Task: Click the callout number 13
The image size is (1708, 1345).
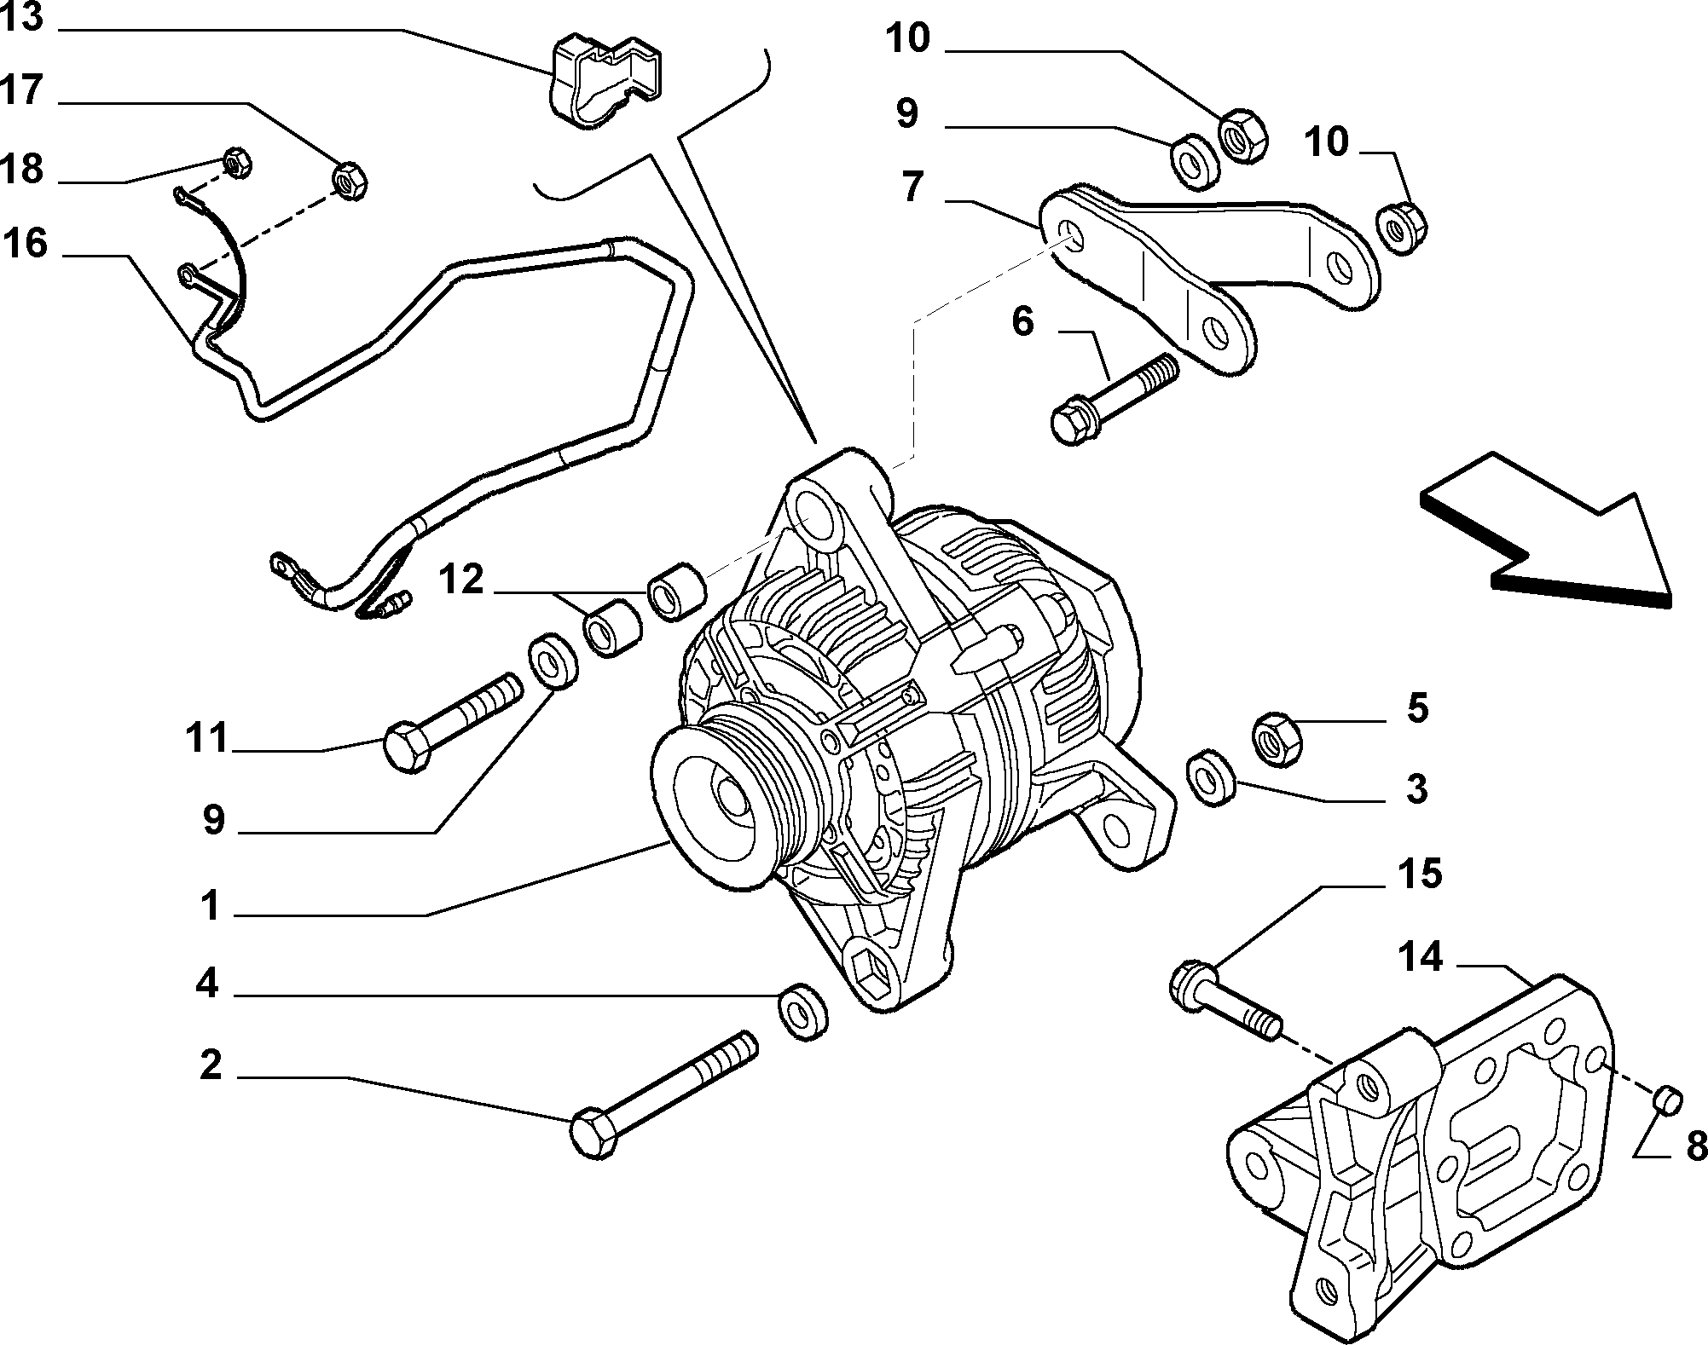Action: (21, 17)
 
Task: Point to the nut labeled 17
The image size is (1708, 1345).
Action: (349, 181)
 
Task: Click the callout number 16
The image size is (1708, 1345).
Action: (26, 244)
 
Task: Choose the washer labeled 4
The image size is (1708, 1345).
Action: (802, 1012)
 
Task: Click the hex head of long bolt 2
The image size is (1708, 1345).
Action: (593, 1133)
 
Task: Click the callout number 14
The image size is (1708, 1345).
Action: (1419, 958)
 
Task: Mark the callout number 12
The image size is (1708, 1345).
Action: (461, 581)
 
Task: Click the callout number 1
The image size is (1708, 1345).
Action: (211, 906)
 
